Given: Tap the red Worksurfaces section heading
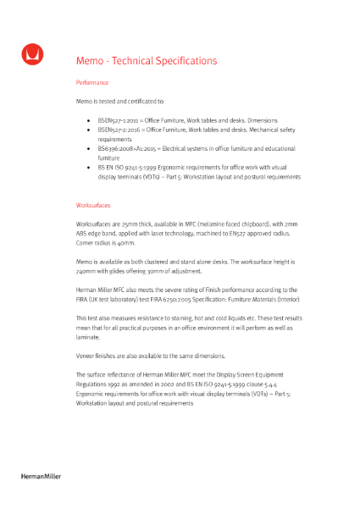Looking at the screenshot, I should [x=93, y=206].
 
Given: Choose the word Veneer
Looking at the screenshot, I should [x=86, y=356].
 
